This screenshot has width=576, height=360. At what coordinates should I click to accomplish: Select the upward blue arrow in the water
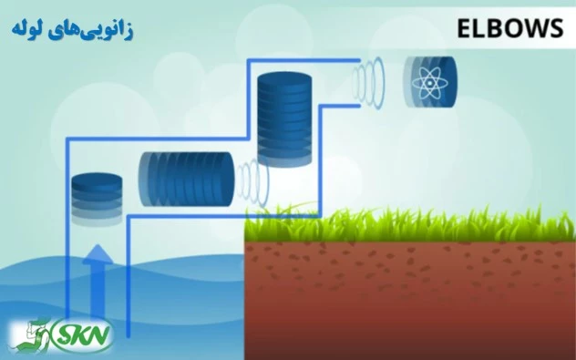pyautogui.click(x=95, y=283)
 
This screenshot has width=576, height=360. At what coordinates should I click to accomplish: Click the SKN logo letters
pyautogui.click(x=83, y=335)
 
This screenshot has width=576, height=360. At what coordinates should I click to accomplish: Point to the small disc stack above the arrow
pyautogui.click(x=96, y=198)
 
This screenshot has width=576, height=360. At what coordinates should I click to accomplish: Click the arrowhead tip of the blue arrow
pyautogui.click(x=95, y=247)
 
